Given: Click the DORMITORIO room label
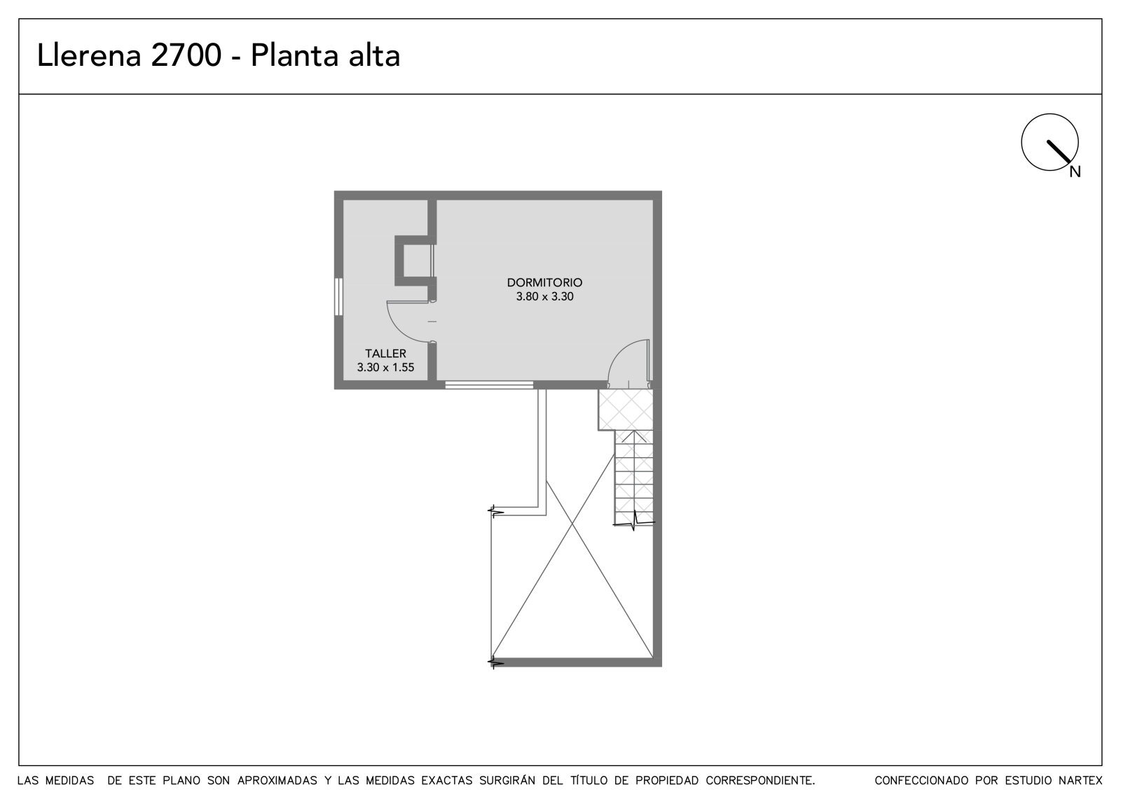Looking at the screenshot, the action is click(x=544, y=282).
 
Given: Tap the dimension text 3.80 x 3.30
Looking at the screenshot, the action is click(x=544, y=296).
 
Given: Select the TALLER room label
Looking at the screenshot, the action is click(x=385, y=353).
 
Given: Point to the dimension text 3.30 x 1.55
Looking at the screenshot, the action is click(x=385, y=367).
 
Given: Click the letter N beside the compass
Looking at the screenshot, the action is click(x=1075, y=172).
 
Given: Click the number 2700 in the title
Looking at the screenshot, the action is click(x=186, y=55).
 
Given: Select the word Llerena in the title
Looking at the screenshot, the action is click(x=89, y=55).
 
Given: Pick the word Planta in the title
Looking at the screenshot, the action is click(x=295, y=55).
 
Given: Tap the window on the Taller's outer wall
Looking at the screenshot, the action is click(x=339, y=297).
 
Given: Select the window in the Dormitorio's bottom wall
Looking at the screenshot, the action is click(x=489, y=384).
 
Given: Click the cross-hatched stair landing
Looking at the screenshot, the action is click(x=626, y=410).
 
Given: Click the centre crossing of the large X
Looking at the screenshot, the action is click(x=572, y=523).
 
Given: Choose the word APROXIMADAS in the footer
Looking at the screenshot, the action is click(x=277, y=780).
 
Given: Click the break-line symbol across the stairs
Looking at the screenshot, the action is click(x=633, y=521).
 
